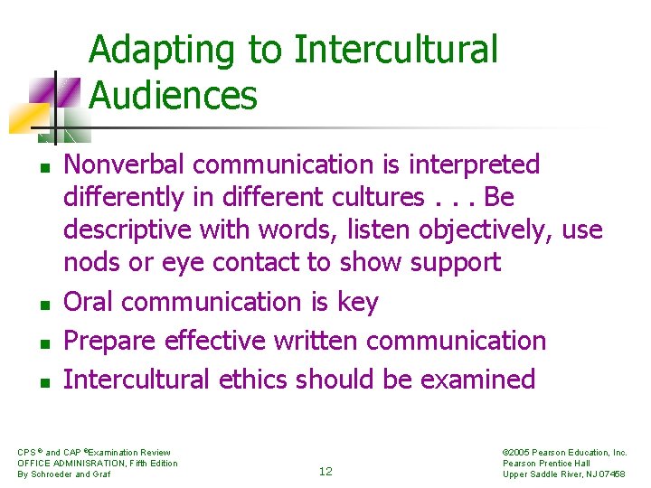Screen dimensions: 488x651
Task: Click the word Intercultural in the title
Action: pos(395,50)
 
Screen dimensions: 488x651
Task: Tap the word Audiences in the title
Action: pos(174,95)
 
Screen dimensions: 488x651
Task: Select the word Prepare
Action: pos(110,341)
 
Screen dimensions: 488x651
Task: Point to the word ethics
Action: pos(258,379)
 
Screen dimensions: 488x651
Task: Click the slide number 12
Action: pos(325,471)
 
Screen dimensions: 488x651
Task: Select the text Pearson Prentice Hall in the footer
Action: pos(545,463)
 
